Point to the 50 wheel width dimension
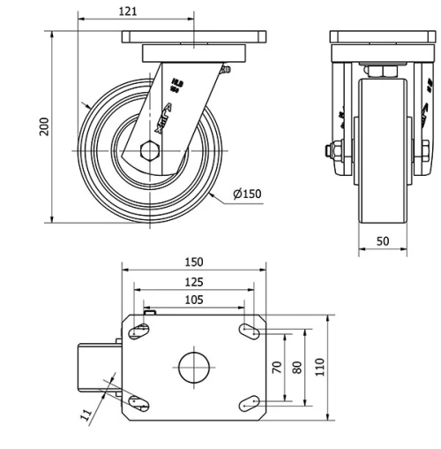(x=383, y=240)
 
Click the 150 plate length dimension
(x=194, y=262)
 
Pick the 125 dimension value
(x=194, y=282)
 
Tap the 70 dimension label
(x=276, y=367)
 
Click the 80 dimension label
(x=297, y=367)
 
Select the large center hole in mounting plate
(x=194, y=367)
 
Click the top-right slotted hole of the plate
(x=249, y=331)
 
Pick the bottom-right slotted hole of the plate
(x=249, y=402)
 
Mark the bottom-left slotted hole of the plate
(x=138, y=402)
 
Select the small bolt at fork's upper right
(x=226, y=69)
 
